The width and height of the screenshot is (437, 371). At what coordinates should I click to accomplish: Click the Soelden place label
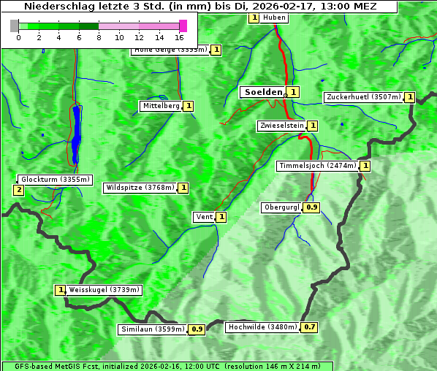pos(262,92)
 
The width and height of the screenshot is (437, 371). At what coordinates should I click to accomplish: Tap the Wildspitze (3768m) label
pos(140,188)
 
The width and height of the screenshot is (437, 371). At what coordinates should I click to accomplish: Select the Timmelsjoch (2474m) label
pos(317,166)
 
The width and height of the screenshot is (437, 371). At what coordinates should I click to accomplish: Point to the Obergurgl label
pos(281,207)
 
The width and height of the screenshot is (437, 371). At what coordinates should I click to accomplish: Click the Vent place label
pos(203,217)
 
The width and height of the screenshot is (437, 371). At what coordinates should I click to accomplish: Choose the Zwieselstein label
pos(281,126)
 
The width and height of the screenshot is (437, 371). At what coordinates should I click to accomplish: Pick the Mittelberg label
pos(161,106)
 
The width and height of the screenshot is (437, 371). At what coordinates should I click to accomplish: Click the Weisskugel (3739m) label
pos(104,290)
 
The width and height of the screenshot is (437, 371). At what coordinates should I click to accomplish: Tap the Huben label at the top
pos(274,18)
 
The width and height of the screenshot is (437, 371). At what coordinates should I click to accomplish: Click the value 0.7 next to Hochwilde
pos(311,327)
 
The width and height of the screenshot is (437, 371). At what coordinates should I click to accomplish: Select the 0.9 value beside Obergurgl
pos(312,207)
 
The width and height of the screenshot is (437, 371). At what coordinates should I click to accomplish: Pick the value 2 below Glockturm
pos(18,190)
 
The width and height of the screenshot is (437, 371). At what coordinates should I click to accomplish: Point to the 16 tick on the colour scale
pos(179,37)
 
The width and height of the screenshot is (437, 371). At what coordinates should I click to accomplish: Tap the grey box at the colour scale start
pos(14,26)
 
